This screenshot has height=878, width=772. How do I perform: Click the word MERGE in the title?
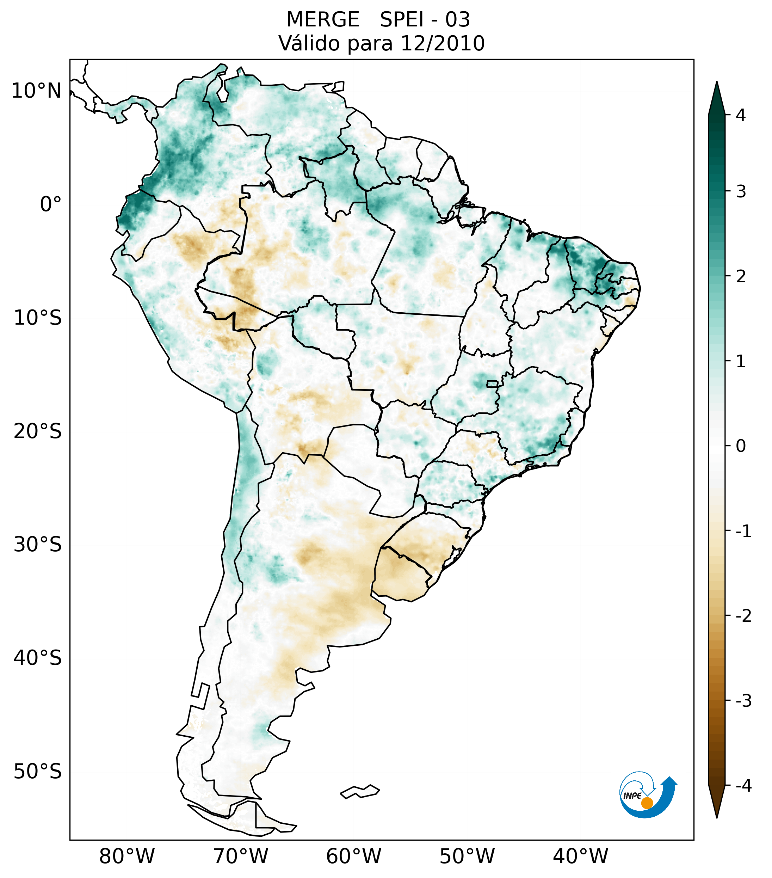tap(323, 20)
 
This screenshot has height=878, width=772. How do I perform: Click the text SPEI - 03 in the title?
tap(425, 20)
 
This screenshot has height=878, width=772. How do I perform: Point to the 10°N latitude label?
tap(37, 91)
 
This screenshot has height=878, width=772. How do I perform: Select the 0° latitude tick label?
tap(51, 204)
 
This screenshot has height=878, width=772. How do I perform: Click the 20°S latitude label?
tap(38, 431)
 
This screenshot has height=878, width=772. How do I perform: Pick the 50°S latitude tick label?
tap(38, 772)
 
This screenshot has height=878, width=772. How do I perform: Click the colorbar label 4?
tap(741, 115)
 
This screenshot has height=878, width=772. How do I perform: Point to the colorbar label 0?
tap(741, 446)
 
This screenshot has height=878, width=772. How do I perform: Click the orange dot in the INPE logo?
tap(647, 803)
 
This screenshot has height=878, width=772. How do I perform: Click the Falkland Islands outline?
tap(360, 791)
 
